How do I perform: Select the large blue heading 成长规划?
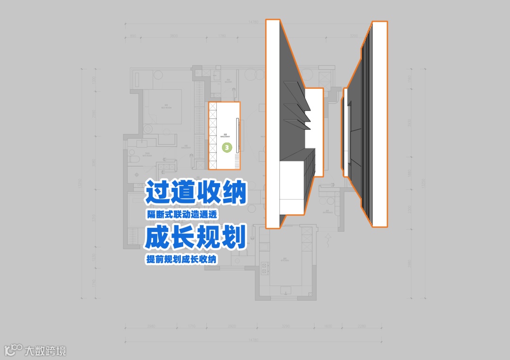point(195,237)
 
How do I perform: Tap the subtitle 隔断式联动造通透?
point(182,214)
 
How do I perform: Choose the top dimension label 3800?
point(173,36)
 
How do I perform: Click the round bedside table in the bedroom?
point(147,128)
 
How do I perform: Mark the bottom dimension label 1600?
point(328,326)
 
